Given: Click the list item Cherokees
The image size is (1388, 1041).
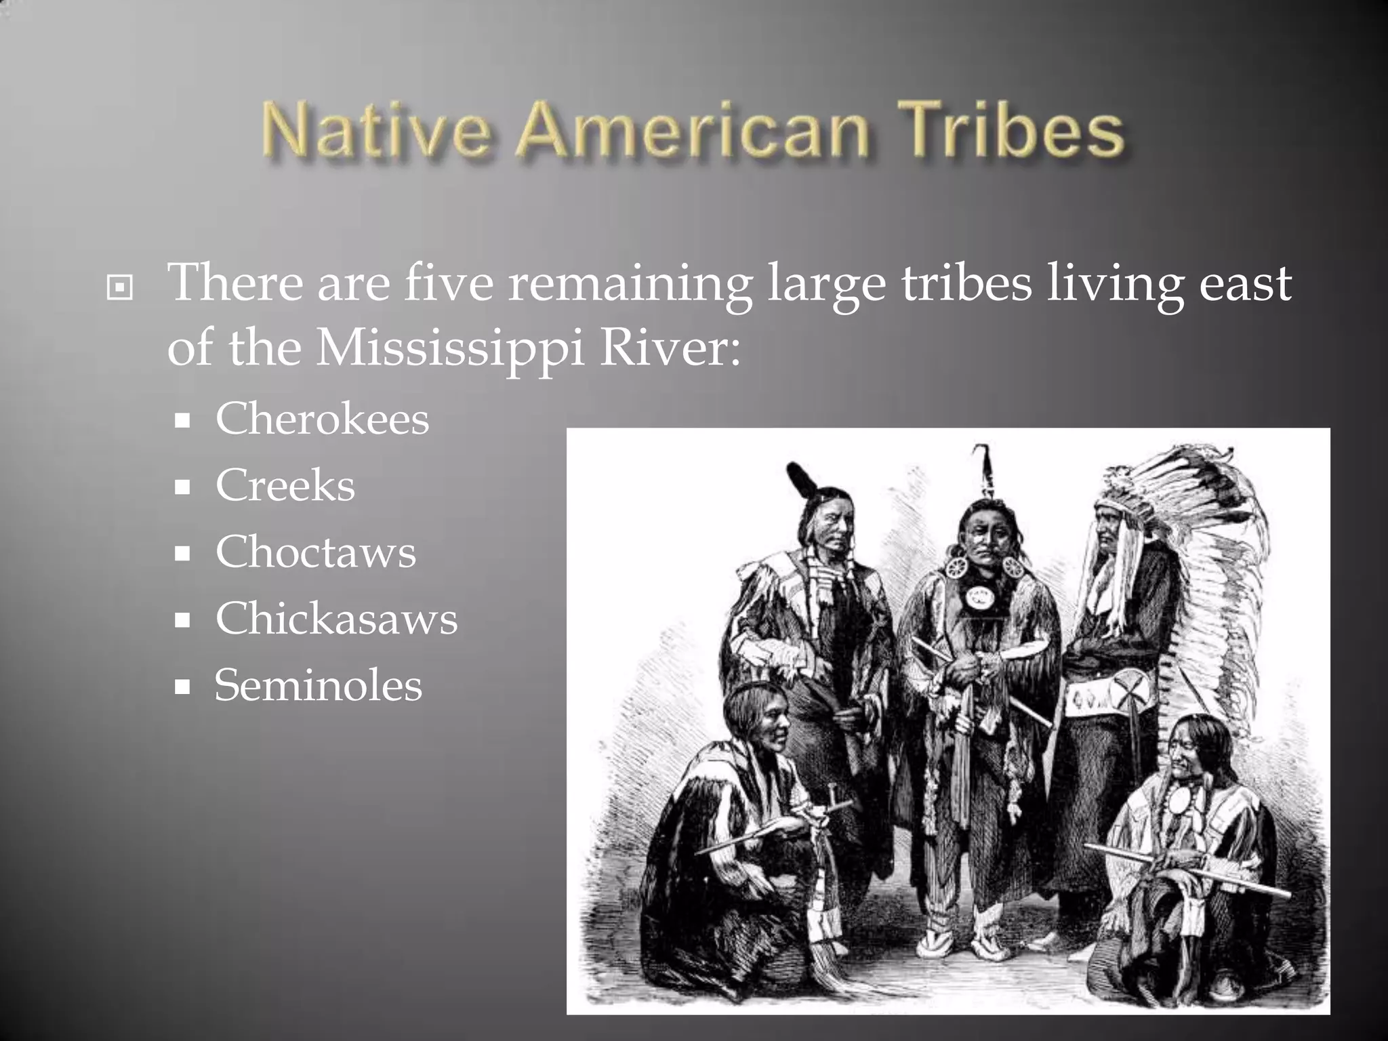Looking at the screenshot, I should (322, 419).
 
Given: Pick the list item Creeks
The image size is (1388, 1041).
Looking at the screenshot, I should (285, 485).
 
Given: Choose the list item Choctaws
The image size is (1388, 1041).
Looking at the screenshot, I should (315, 552).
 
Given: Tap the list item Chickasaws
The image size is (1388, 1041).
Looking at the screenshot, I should (336, 618).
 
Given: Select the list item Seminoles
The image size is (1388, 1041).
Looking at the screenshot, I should (318, 685).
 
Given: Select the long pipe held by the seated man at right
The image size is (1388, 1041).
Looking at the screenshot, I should (1186, 871).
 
